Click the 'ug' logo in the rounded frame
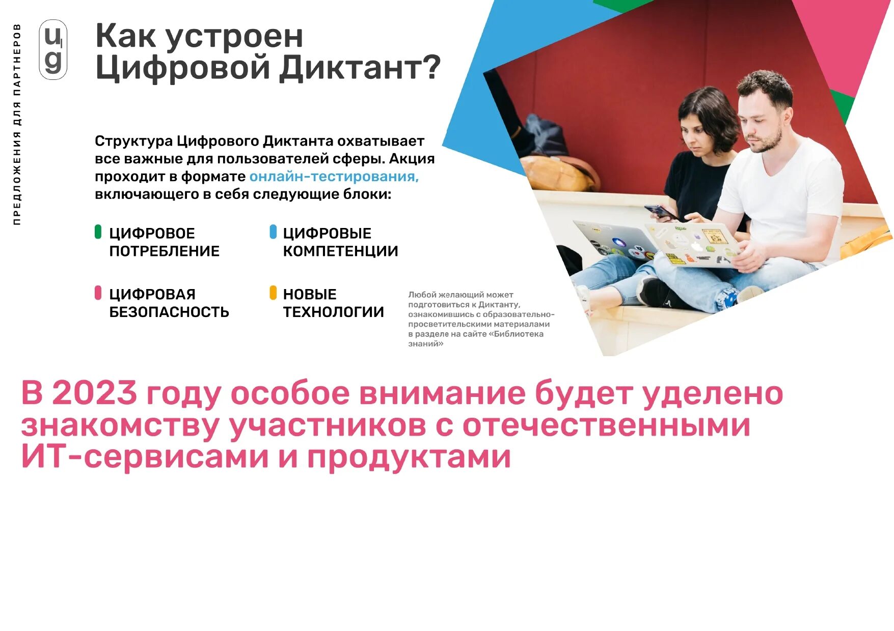point(53,49)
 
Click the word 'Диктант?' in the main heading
point(360,67)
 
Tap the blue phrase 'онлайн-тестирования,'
point(334,177)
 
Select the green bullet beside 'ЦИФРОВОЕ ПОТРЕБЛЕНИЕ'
point(98,232)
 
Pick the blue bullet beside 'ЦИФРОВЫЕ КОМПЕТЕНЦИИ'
point(273,232)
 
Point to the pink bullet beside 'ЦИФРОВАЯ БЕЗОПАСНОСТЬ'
point(98,293)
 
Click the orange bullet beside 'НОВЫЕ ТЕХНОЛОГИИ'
point(273,293)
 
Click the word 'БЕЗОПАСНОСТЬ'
point(169,312)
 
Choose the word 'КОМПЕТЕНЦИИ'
point(340,251)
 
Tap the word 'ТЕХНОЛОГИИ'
point(333,312)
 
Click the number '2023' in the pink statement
point(94,393)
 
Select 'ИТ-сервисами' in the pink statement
point(145,457)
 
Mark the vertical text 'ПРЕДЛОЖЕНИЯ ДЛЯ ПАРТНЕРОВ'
point(17,125)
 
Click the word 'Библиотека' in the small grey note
point(518,334)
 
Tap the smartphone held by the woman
point(660,212)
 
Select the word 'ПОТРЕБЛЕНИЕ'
point(164,251)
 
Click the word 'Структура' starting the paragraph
point(133,141)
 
